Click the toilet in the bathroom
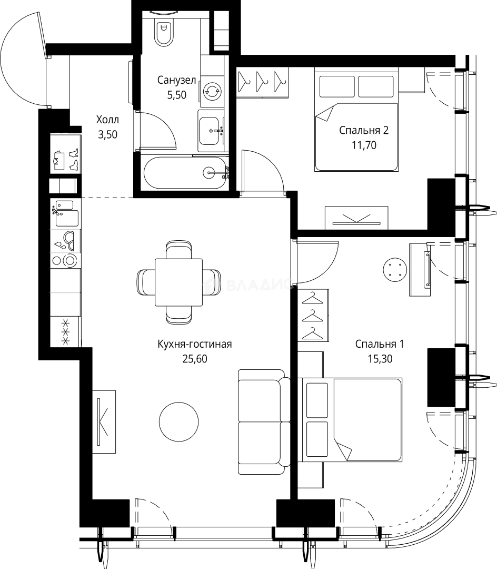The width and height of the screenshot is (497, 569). pos(164,31)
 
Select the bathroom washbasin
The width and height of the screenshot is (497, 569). pos(211,130)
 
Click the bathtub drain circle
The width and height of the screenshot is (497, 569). pos(210,172)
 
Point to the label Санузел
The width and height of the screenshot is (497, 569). pos(176,80)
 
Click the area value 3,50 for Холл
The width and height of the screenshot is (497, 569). pos(107,135)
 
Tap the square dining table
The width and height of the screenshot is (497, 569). pos(178,282)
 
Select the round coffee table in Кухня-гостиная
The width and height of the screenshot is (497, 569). pos(178,421)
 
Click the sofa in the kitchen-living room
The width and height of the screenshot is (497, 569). pos(264,421)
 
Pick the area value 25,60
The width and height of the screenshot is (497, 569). pos(195,359)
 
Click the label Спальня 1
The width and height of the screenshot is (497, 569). pos(380,344)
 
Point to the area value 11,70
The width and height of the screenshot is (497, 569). pos(364,145)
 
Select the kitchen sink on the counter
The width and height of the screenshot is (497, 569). pos(66,214)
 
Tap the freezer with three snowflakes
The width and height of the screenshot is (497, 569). pos(66,332)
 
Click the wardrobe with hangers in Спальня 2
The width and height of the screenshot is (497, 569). pos(263,82)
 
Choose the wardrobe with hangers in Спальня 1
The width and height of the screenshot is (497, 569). pos(314,316)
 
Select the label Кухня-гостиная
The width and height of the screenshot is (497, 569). pos(195,344)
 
